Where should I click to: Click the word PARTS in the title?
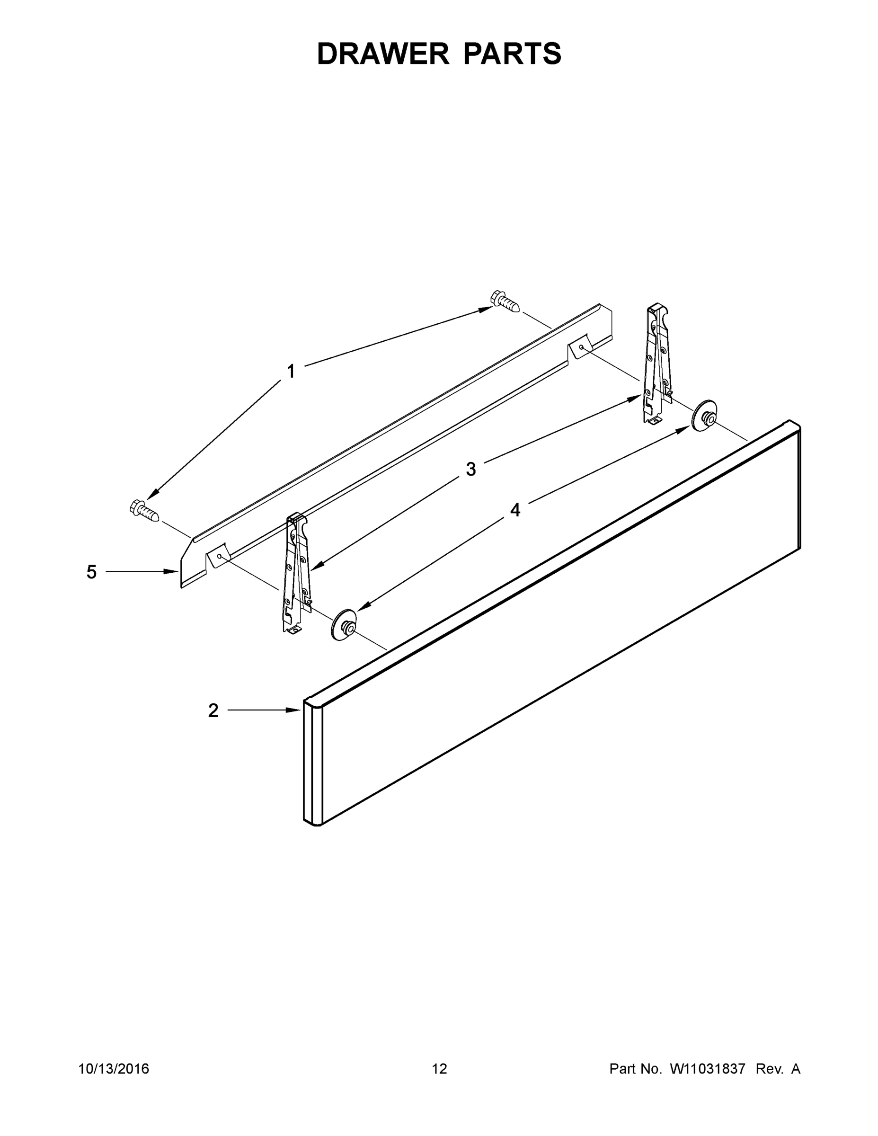click(512, 54)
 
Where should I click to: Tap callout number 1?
click(291, 372)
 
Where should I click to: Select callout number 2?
click(213, 710)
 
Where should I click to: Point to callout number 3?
click(471, 469)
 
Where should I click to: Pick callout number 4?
click(515, 510)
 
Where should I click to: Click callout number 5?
click(91, 572)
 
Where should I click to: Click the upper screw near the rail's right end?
click(505, 301)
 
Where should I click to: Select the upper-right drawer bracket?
click(657, 364)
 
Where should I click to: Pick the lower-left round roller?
click(343, 625)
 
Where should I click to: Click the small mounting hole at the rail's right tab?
click(581, 346)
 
